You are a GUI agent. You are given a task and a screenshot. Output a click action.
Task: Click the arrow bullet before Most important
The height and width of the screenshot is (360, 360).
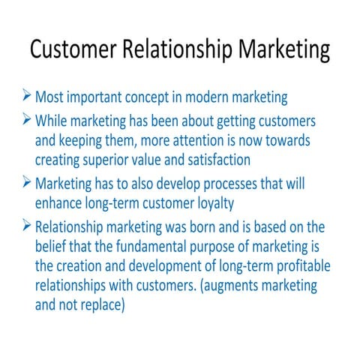(27, 97)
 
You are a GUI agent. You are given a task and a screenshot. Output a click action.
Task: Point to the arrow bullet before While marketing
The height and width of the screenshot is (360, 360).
(27, 120)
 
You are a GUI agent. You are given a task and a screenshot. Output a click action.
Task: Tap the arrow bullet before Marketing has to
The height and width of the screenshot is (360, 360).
(27, 183)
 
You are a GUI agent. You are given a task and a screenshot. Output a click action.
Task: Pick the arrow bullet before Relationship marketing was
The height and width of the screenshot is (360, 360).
(27, 226)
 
